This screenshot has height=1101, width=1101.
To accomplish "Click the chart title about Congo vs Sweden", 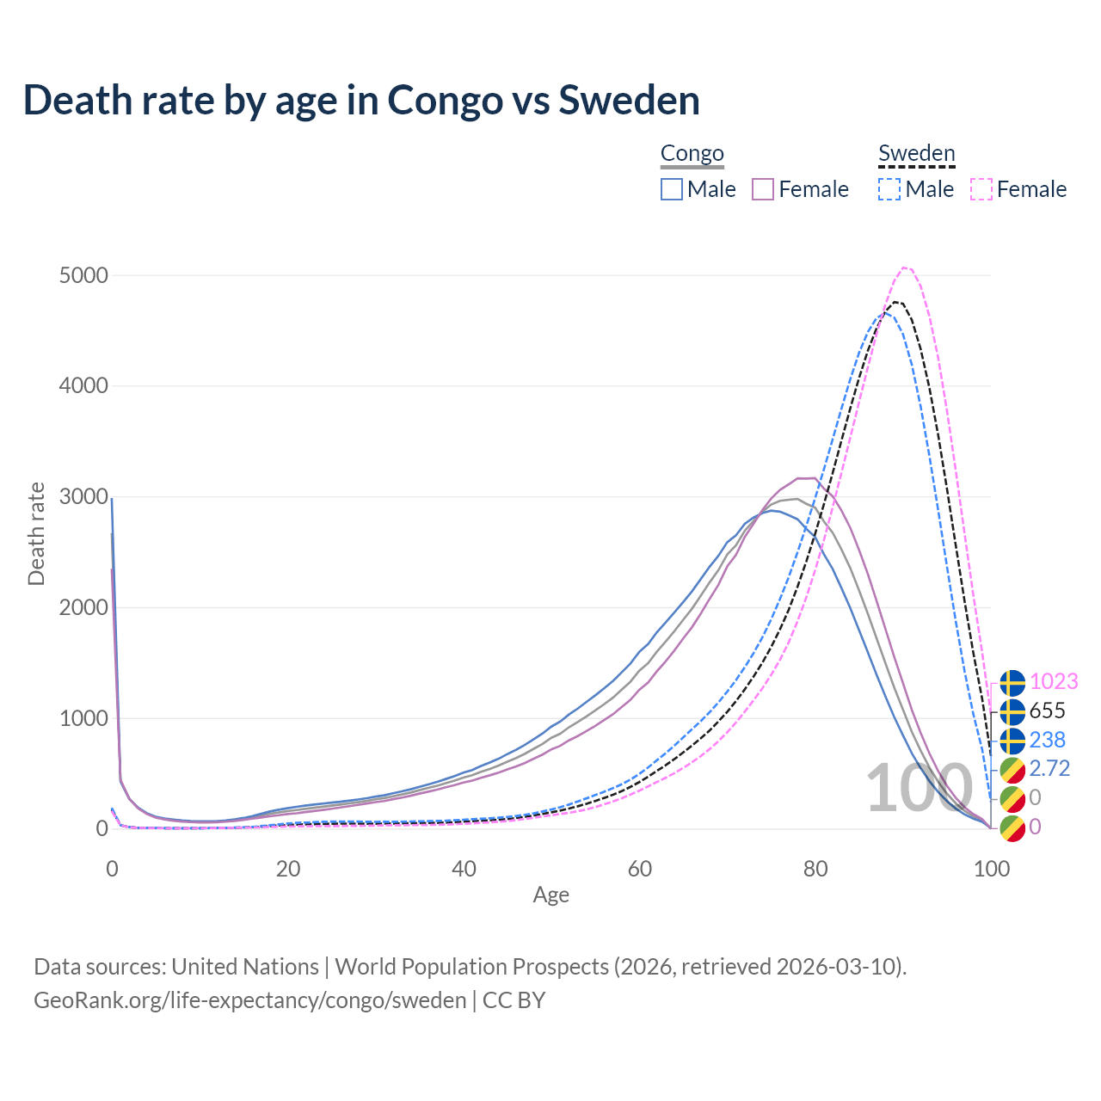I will point(361,100).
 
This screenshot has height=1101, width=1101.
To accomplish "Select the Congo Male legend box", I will point(672,189).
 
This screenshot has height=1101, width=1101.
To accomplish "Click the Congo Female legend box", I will point(763,189).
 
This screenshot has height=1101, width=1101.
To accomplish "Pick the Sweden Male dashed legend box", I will point(889,189).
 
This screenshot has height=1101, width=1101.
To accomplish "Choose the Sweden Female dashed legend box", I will point(981,189).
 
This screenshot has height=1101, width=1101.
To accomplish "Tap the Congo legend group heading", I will point(692,154).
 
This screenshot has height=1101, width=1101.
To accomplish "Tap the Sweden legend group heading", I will point(916,154).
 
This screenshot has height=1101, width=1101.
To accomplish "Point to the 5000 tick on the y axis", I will point(83,275).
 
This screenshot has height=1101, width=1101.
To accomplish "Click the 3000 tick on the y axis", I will point(83,497).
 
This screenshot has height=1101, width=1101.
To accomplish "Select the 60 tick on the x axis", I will point(640,869).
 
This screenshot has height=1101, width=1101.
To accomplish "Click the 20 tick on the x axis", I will point(288,869).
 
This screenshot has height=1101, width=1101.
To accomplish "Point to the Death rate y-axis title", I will point(36,533).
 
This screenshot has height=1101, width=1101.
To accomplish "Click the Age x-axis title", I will point(551,895).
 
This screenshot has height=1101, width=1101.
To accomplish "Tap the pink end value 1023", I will point(1054,681).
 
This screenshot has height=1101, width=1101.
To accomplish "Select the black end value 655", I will point(1047,710).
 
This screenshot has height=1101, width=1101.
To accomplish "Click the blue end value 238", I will point(1047,740).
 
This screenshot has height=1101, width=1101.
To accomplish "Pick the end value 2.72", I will point(1049,768).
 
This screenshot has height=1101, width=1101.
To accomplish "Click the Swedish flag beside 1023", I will point(1012,682).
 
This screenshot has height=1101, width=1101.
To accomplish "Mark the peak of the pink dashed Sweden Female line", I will point(905,268).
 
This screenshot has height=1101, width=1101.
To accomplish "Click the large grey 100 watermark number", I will point(919,788).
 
